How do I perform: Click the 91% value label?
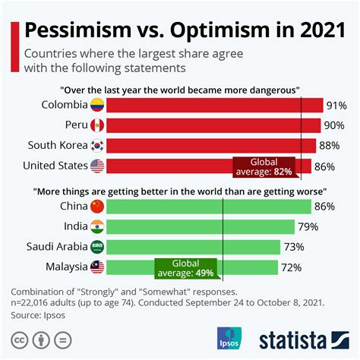click(335, 106)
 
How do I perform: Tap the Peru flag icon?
click(97, 125)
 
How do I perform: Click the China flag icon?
click(97, 207)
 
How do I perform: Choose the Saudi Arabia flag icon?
click(97, 247)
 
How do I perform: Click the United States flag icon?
click(97, 166)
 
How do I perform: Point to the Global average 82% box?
click(264, 166)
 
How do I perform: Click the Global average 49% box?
click(187, 267)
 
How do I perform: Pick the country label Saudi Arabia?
click(54, 247)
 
